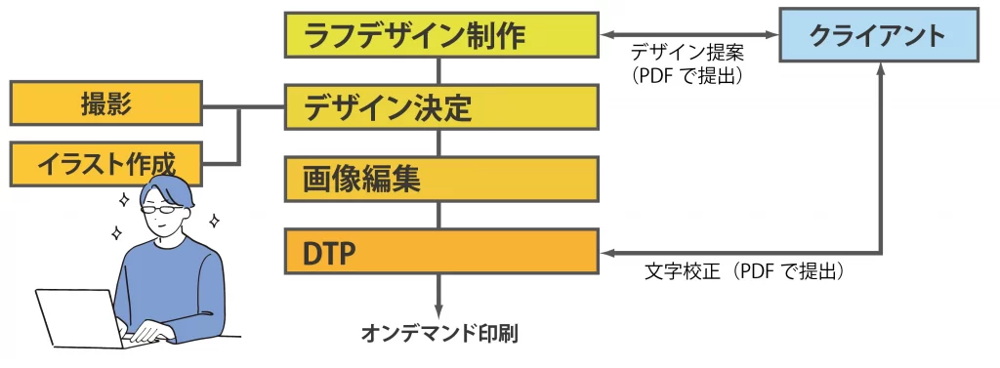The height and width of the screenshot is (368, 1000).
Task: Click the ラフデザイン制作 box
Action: (x=440, y=35)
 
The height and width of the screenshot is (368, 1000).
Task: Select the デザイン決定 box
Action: (x=440, y=107)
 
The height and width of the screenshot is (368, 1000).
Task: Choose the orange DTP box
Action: (x=440, y=252)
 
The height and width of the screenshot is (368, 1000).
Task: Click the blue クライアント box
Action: (x=878, y=37)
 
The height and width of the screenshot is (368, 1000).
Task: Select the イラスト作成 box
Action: (x=105, y=163)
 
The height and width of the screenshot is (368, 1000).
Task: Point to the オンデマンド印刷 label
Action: (x=439, y=335)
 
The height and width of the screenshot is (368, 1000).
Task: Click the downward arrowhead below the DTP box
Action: (x=439, y=308)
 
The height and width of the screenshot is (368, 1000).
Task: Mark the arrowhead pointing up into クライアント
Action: (x=882, y=71)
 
